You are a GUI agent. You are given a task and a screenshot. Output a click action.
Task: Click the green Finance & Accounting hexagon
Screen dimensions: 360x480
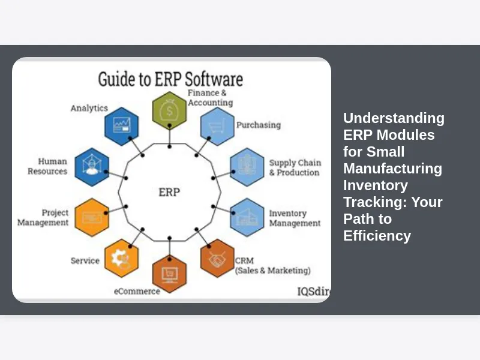click(169, 110)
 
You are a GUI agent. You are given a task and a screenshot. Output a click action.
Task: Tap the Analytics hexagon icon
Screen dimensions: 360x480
click(122, 126)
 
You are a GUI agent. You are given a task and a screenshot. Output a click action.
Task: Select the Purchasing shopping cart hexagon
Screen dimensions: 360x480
click(217, 126)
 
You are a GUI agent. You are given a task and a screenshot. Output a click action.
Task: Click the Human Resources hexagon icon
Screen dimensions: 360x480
click(92, 167)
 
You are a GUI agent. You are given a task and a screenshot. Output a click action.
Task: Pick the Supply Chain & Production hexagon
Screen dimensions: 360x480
click(247, 167)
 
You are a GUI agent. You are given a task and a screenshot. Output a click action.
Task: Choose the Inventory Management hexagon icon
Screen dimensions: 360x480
click(247, 217)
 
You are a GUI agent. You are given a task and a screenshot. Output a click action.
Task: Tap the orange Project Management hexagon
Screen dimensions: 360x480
click(92, 217)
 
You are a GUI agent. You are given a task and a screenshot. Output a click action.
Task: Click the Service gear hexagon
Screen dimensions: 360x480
click(122, 258)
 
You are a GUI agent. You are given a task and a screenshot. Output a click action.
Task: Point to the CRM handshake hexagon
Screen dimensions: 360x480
click(217, 258)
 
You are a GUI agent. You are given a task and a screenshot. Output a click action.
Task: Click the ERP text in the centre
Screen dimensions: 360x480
click(169, 193)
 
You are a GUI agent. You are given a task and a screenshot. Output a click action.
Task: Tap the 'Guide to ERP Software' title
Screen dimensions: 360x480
click(170, 80)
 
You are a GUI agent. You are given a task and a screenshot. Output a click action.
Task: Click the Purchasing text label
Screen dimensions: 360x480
click(258, 125)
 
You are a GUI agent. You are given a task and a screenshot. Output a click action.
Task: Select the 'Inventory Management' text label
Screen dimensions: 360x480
click(295, 218)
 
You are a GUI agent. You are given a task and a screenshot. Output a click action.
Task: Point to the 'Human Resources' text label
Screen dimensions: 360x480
click(47, 166)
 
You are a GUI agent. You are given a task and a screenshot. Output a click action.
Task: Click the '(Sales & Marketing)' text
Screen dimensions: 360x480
click(273, 271)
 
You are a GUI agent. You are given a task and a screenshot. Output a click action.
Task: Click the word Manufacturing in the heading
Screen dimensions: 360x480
click(392, 169)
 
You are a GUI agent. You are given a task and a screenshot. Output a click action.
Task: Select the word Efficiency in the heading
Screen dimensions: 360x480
click(377, 236)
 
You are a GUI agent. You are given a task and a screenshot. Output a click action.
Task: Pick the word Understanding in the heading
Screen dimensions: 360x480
click(394, 118)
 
